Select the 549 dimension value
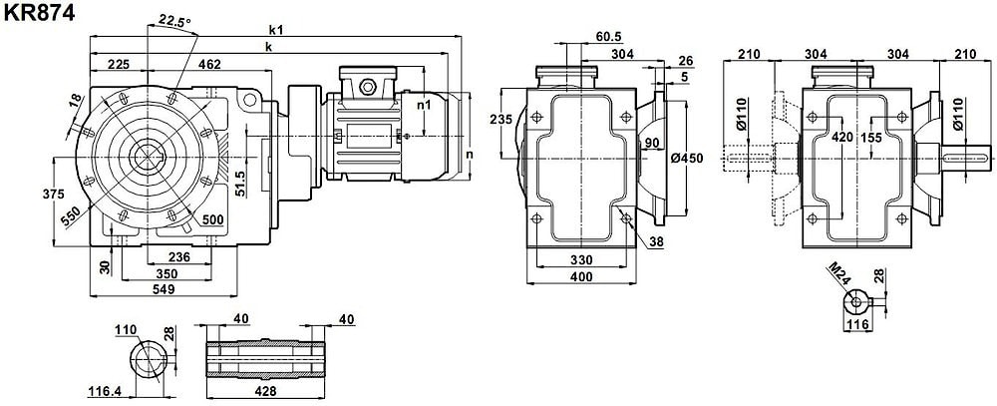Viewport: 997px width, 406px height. pos(165,289)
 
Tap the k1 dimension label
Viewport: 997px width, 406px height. pos(275,30)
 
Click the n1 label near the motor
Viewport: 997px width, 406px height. pos(423,103)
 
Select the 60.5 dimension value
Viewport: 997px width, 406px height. pos(609,36)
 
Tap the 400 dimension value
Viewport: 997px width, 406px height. pos(577,275)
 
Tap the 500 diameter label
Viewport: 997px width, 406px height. pos(211,219)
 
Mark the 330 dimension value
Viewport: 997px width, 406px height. pos(577,259)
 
